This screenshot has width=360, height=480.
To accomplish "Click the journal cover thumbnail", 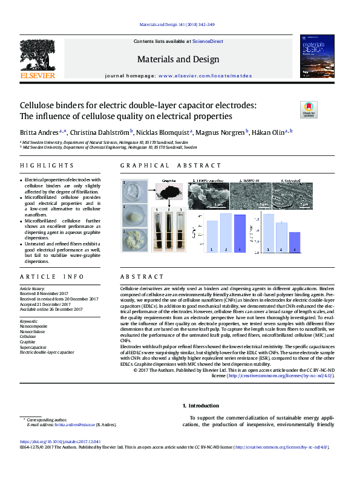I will (316, 56).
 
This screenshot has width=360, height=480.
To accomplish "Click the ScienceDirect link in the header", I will (208, 41).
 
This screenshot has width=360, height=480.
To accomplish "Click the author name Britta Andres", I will (41, 131).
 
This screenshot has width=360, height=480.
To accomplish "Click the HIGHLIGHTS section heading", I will (47, 166).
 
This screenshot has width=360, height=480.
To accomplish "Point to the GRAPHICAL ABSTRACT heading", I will (171, 166).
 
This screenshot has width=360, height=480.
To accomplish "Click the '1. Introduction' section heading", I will (202, 406).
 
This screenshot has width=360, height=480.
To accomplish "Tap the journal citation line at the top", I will (177, 25).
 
